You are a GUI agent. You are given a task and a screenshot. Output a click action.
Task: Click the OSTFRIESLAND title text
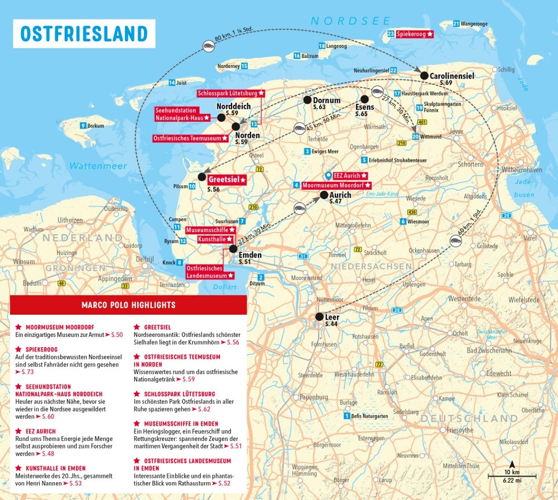pyautogui.click(x=84, y=33)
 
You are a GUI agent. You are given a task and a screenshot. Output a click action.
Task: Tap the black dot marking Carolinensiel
pyautogui.click(x=424, y=75)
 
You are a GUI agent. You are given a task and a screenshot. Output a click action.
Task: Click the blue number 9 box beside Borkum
pyautogui.click(x=83, y=126)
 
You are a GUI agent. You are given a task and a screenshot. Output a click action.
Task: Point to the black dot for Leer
pyautogui.click(x=319, y=317)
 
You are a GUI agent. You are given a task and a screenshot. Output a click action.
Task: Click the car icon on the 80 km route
pyautogui.click(x=208, y=44)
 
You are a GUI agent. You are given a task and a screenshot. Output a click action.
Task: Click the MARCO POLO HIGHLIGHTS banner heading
pyautogui.click(x=128, y=305)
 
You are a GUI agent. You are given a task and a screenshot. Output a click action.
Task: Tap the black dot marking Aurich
pyautogui.click(x=324, y=195)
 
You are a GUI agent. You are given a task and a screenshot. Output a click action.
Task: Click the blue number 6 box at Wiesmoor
pyautogui.click(x=403, y=222)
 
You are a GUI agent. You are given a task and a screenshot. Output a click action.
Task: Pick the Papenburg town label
pyautogui.click(x=314, y=397)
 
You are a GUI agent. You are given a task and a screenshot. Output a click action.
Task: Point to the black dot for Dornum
pyautogui.click(x=307, y=100)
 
